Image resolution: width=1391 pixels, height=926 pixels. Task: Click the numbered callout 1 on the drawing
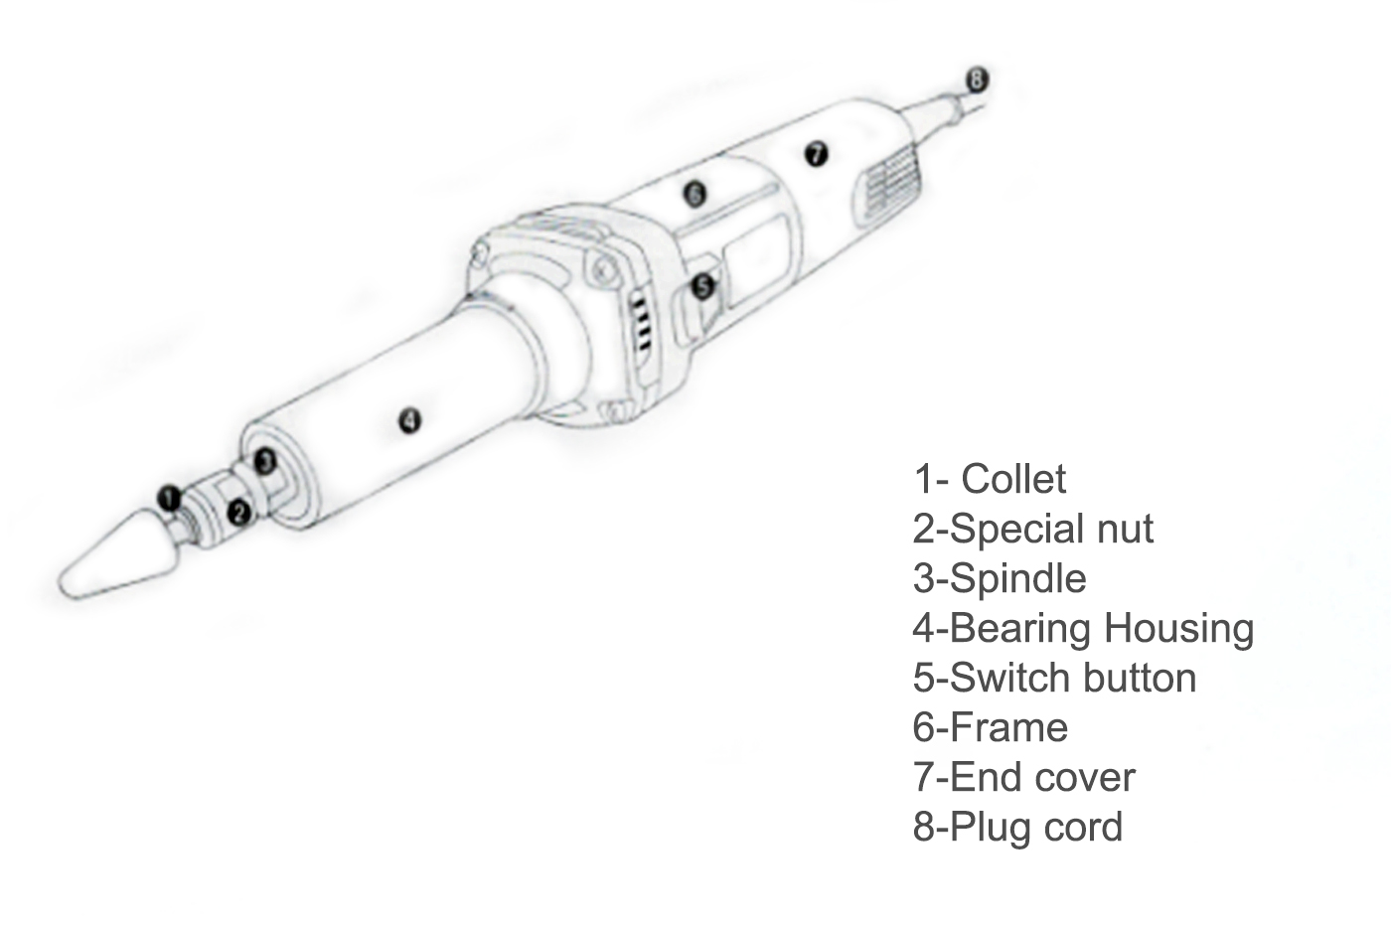[x=169, y=498]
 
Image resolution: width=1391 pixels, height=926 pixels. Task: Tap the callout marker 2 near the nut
[x=239, y=513]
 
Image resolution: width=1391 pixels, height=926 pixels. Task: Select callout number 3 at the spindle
[x=265, y=461]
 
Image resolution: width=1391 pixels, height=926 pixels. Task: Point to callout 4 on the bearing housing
[x=409, y=421]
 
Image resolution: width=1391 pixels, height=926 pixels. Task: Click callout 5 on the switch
[x=703, y=286]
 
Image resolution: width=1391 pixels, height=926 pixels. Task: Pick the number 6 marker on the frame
[x=695, y=194]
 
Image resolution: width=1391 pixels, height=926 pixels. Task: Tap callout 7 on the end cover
[x=816, y=153]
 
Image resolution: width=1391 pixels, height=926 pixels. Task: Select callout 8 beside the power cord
[x=976, y=79]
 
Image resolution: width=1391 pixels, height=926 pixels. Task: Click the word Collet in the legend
[x=1013, y=479]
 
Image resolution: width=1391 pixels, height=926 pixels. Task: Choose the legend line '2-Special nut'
[x=1032, y=529]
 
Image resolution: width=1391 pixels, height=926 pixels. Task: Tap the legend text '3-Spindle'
[x=1000, y=578]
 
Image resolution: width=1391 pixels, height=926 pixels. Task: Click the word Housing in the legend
[x=1178, y=629]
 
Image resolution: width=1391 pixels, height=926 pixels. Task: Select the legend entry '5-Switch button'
[x=1054, y=678]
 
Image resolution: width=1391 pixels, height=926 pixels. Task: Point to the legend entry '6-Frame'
[x=990, y=727]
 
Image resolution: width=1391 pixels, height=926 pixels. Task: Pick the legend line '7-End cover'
[x=1024, y=777]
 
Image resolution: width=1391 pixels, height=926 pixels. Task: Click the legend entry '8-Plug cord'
[x=1017, y=827]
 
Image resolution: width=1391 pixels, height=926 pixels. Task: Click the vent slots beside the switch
[x=642, y=323]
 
